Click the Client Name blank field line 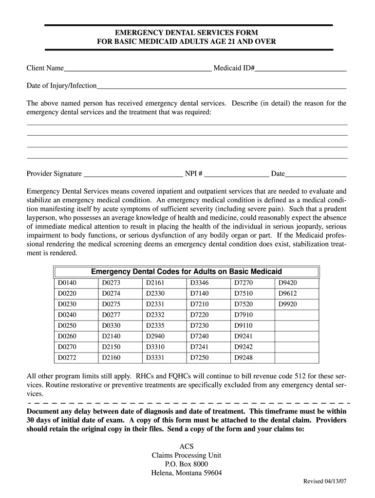coord(138,69)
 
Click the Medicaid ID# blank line coord(300,69)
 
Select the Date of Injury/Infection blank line coord(222,87)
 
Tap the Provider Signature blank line coord(132,174)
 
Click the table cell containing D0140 coord(68,283)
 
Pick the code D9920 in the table coord(287,304)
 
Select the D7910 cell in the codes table coord(244,315)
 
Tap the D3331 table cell coord(155,357)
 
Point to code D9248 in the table coord(244,357)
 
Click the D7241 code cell coord(199,347)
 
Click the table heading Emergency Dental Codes coord(187,271)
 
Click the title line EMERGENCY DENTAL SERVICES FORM coord(187,33)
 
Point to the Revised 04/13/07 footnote coord(325,481)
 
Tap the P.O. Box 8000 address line coord(187,464)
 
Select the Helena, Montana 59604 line coord(187,473)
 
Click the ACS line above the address coord(187,446)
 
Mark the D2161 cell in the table coord(155,283)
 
